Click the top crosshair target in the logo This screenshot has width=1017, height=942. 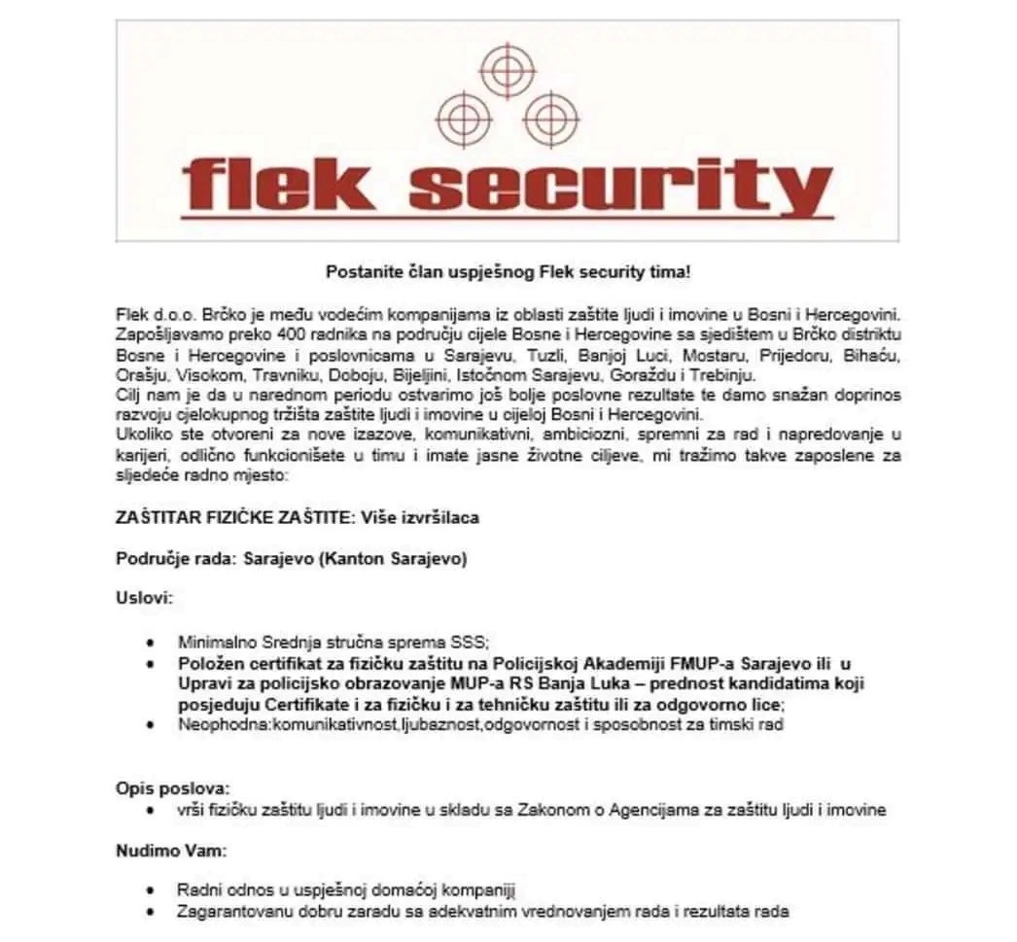(508, 70)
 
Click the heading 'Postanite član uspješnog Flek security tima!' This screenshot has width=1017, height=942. (508, 273)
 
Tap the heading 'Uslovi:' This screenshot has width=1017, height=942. (145, 597)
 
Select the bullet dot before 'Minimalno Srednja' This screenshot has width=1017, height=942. (150, 644)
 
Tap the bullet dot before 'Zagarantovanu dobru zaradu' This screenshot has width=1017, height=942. (150, 912)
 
